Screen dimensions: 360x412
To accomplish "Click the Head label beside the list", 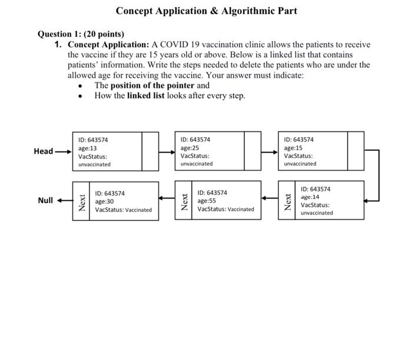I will (43, 151).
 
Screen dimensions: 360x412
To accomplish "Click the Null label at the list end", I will (45, 200).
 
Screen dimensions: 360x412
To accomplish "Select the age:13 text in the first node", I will (88, 148).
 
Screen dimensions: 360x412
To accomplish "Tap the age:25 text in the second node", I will (190, 148).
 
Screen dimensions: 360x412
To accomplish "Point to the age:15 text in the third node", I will (293, 148).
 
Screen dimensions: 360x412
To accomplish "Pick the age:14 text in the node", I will (310, 197).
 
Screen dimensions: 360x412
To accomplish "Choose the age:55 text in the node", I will (207, 200).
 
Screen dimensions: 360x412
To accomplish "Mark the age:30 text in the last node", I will (104, 201).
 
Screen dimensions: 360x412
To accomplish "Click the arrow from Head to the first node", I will (63, 151).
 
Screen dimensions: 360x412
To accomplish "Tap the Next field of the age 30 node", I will (82, 202).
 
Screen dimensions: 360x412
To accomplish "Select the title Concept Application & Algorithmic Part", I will (206, 11).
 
